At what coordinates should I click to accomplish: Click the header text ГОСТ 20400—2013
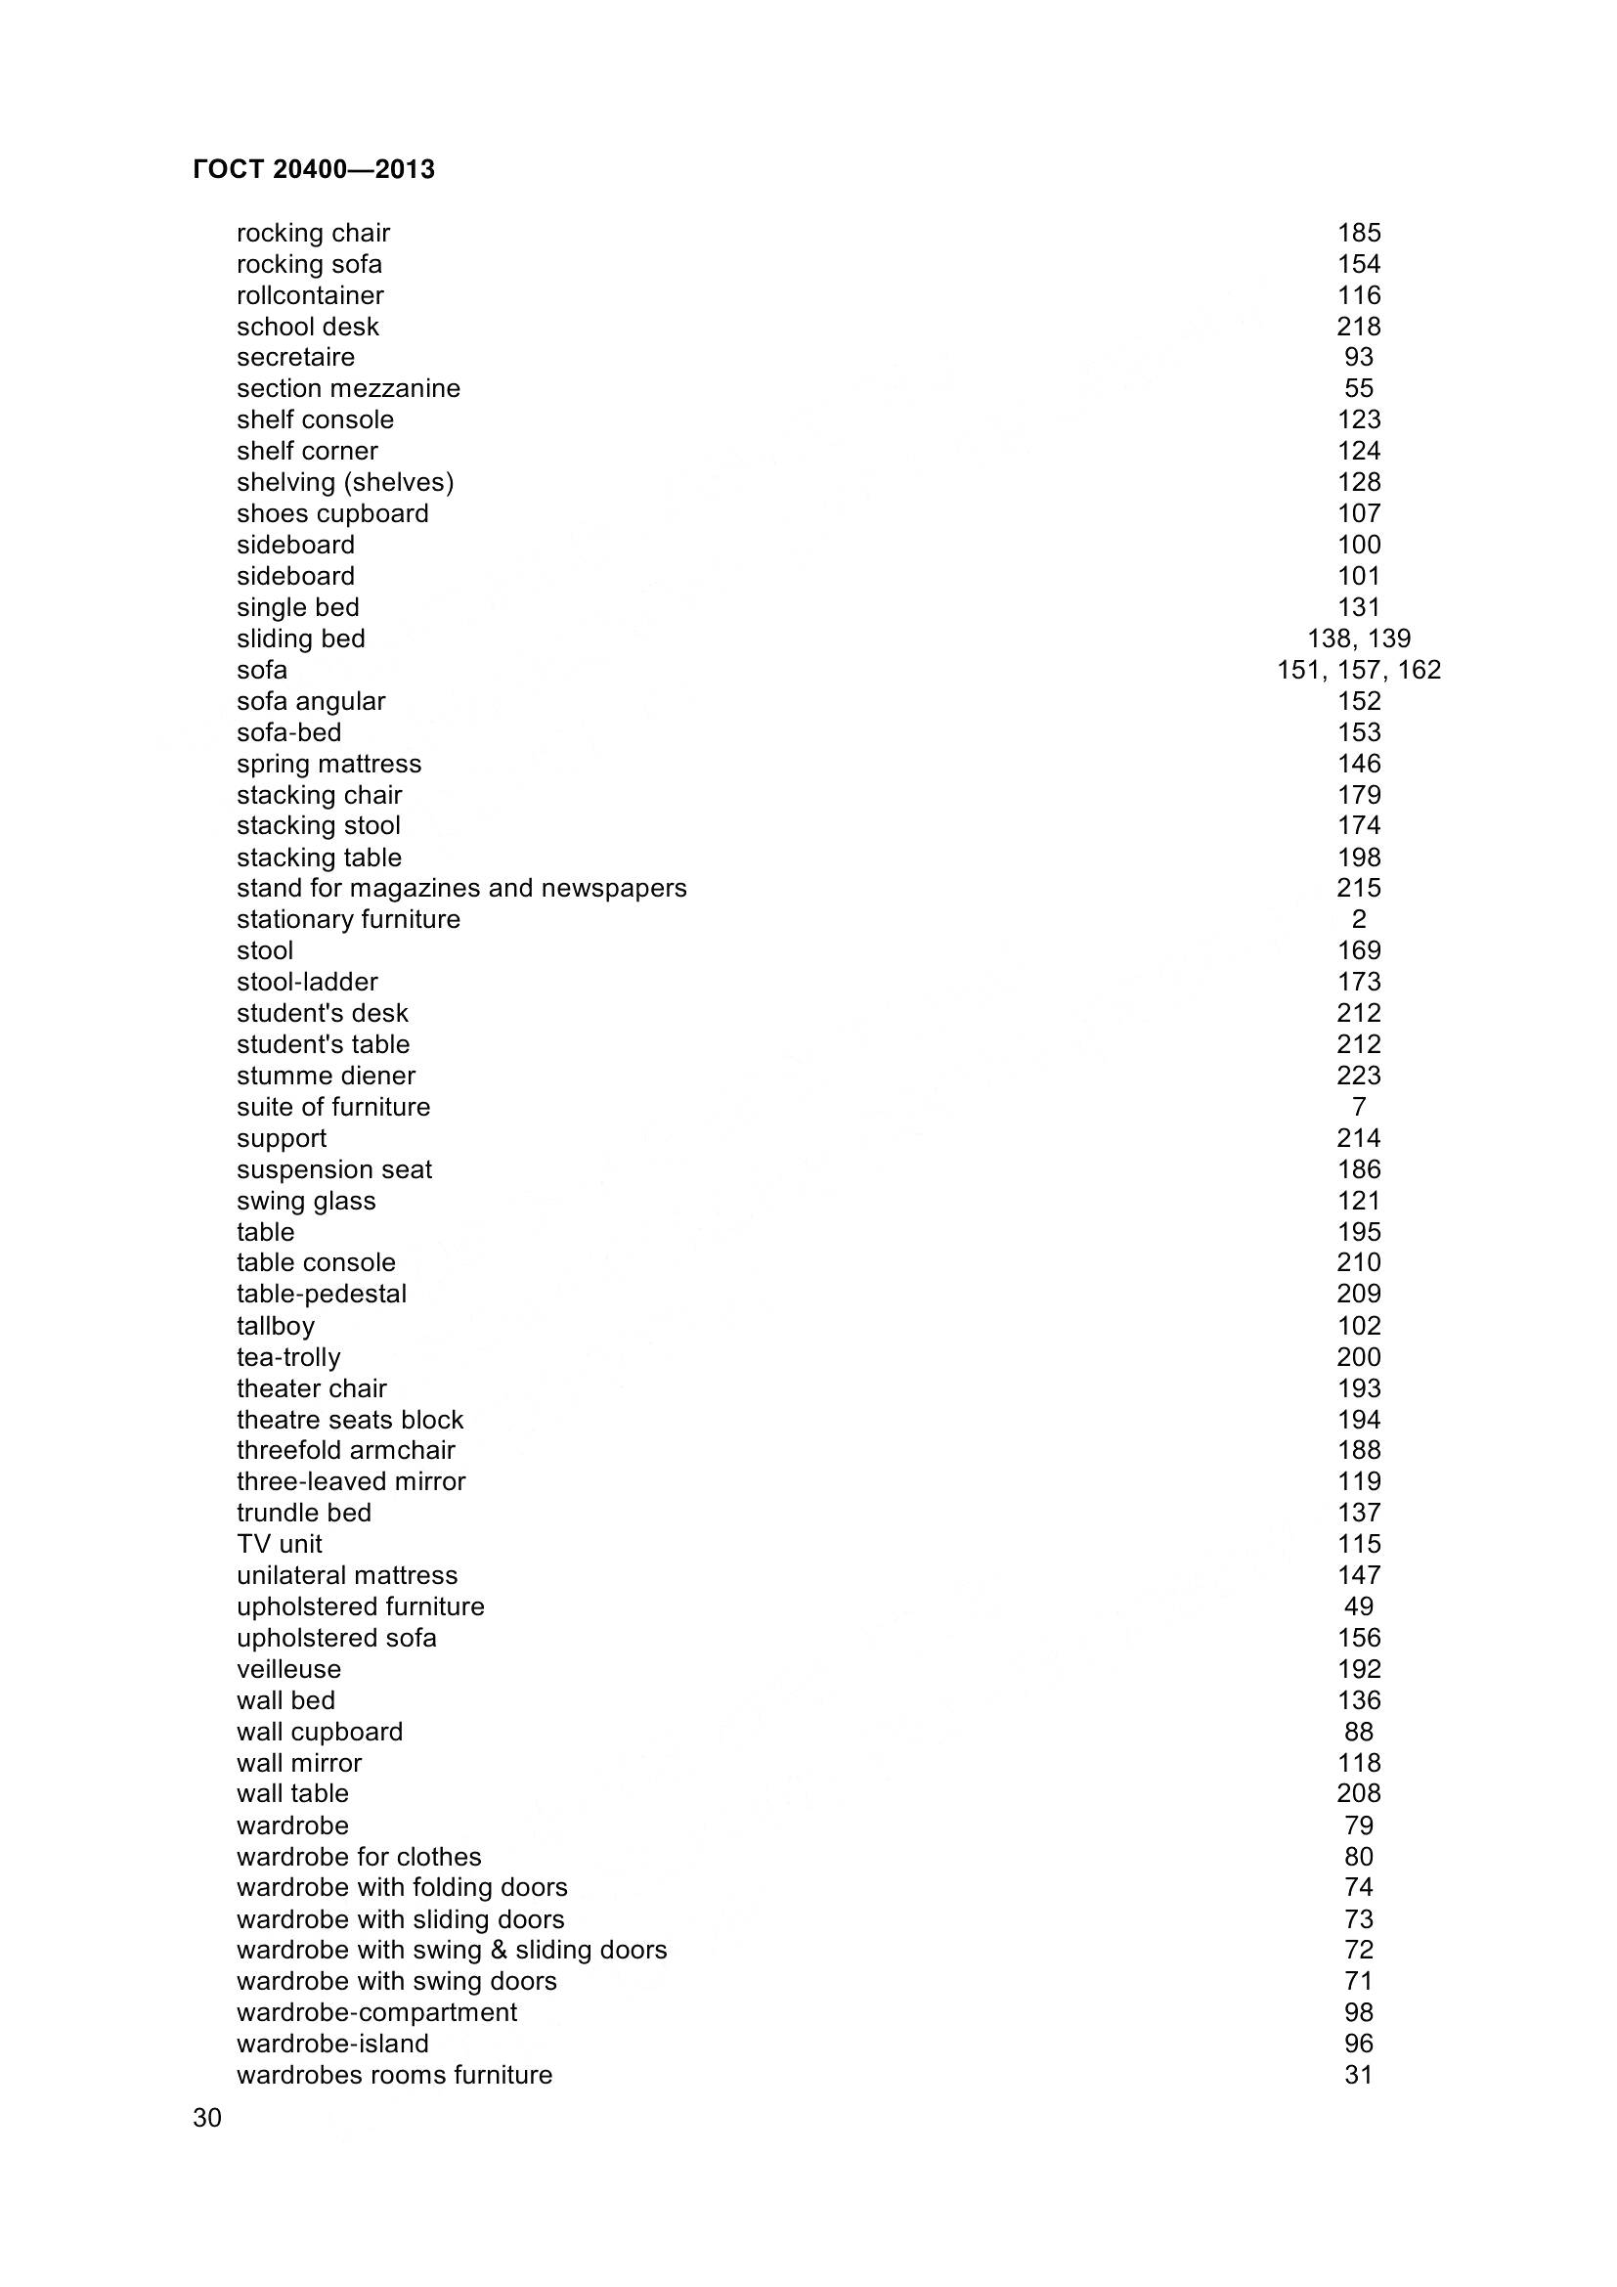314,170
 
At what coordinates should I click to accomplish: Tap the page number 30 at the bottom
207,2118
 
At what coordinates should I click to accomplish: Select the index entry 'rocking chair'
313,233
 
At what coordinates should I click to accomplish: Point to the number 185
1358,233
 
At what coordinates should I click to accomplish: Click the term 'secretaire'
294,358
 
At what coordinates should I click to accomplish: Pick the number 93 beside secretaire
1358,358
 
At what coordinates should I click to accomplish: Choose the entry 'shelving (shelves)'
344,483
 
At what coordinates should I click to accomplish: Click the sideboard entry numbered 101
294,577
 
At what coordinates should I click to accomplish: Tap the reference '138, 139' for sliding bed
1358,638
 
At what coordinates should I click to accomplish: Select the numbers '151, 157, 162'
1358,671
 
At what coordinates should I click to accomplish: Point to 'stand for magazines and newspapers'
461,889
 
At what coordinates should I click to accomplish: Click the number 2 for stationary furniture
1358,919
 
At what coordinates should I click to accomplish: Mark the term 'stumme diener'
326,1076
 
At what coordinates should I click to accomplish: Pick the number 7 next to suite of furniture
1358,1108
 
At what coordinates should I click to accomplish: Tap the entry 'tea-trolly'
287,1358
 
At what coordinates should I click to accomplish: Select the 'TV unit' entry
279,1545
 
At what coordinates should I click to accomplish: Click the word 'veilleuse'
287,1669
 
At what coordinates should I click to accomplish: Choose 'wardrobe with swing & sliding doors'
451,1951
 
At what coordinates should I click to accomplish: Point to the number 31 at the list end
1358,2075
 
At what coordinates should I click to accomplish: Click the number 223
1358,1076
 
